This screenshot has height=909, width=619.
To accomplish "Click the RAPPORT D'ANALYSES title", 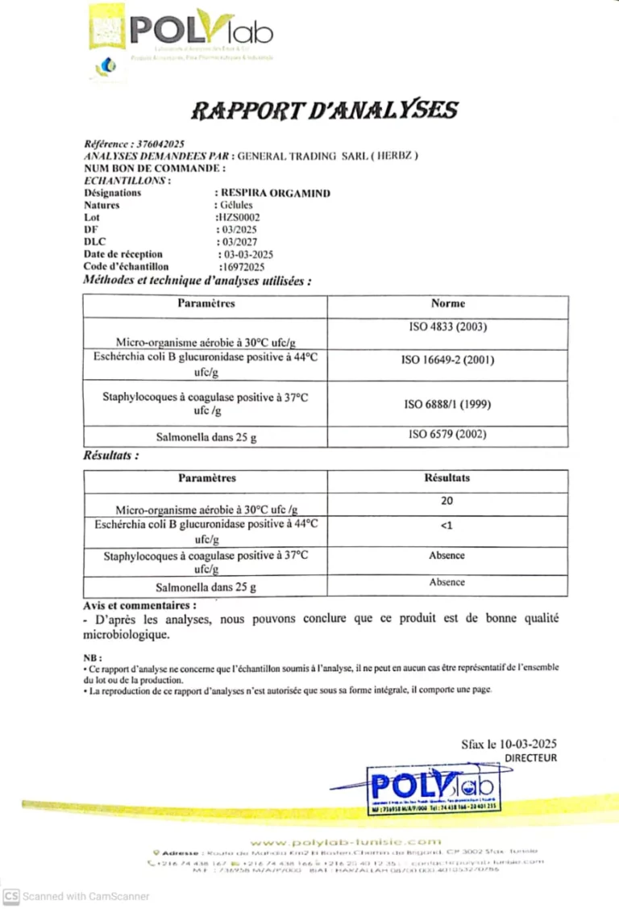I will pos(324,110).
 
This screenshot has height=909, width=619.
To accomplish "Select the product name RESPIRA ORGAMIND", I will pos(275,194).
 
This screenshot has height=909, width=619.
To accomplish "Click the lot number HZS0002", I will pos(238,217).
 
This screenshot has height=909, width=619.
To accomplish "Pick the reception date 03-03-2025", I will pos(244,254).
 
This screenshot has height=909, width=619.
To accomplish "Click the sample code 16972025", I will pos(242,266).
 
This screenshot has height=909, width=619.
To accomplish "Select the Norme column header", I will pos(447,304).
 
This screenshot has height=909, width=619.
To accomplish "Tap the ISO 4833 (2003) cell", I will pos(447,327).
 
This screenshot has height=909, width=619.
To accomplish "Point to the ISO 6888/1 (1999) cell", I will pos(447,404).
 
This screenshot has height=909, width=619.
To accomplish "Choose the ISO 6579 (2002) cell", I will pos(447,435).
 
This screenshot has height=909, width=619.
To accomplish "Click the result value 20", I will pos(447,501).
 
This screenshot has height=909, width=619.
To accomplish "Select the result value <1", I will pos(447,526).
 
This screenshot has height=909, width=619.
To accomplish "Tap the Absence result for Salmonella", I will pos(447,582).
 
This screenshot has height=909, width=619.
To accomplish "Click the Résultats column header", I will pos(447,477).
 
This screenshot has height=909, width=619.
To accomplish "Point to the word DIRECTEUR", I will pos(530,758).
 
